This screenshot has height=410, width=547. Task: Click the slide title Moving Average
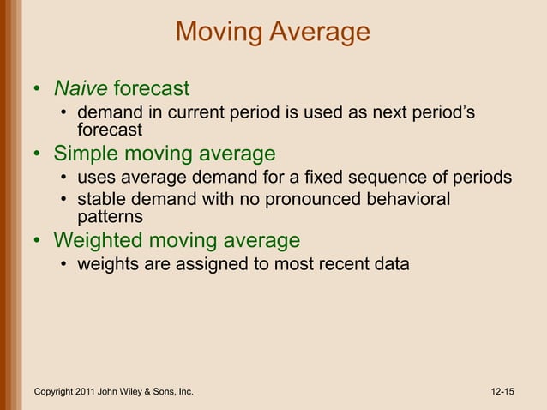pos(273,33)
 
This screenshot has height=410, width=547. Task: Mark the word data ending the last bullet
pos(391,264)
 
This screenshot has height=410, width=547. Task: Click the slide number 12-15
pos(502,392)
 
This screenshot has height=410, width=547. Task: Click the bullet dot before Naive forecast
pos(37,89)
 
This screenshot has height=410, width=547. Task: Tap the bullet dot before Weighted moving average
pos(37,241)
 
